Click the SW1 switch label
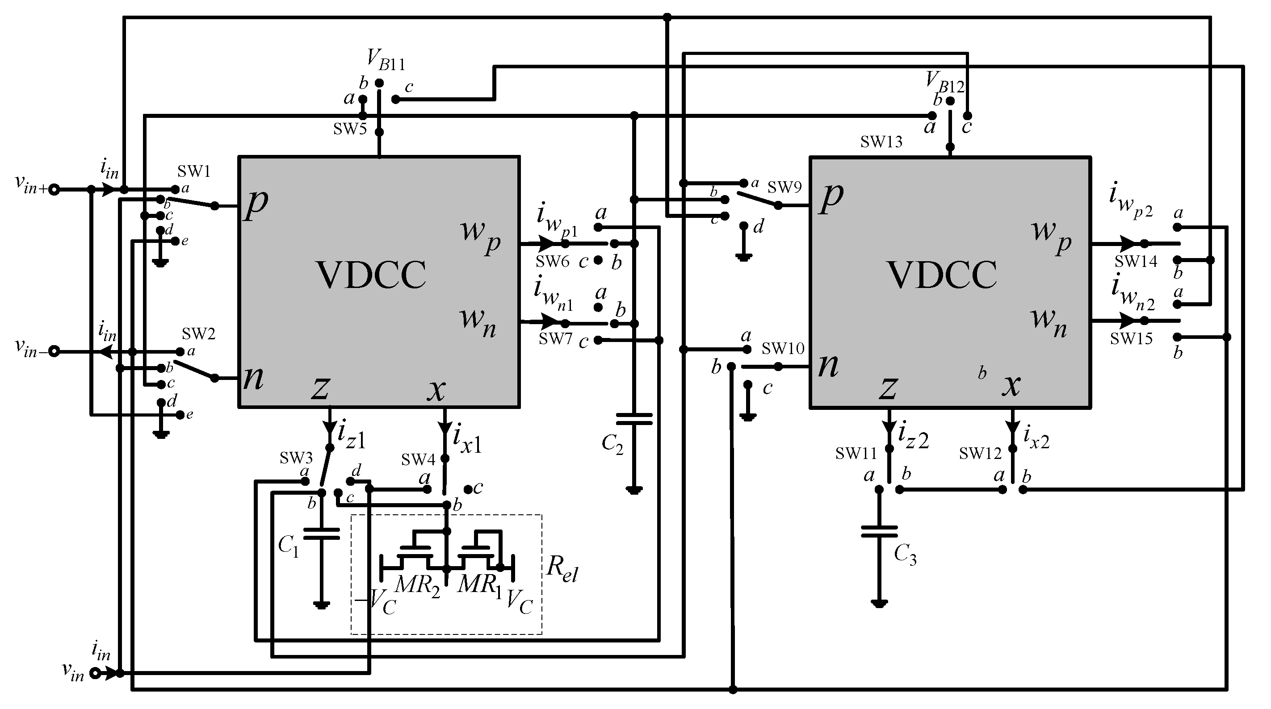click(194, 171)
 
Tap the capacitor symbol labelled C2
click(634, 419)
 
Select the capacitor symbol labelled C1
click(321, 534)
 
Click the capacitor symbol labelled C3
click(879, 531)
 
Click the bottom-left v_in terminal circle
click(95, 673)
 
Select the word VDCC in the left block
click(371, 275)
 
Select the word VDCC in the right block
click(942, 275)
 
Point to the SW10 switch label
click(783, 349)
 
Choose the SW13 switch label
click(881, 142)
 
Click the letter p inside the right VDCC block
click(831, 197)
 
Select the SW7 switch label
click(555, 339)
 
